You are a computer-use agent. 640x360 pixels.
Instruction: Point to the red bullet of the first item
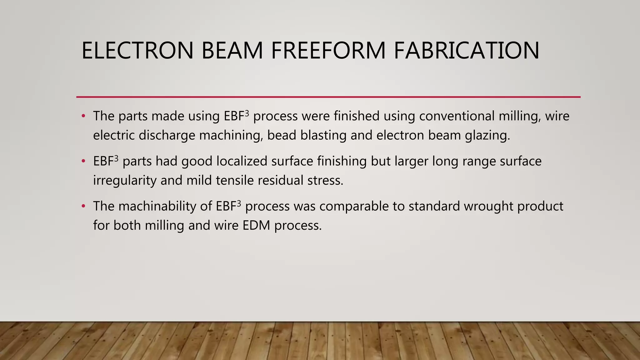pos(83,116)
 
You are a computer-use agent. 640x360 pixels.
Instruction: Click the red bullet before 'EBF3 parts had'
pos(83,162)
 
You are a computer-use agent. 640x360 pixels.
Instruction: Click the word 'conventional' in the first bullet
pos(457,116)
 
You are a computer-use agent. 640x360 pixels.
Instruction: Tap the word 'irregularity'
pos(125,181)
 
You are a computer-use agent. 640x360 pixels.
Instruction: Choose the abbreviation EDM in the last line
pos(256,225)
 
